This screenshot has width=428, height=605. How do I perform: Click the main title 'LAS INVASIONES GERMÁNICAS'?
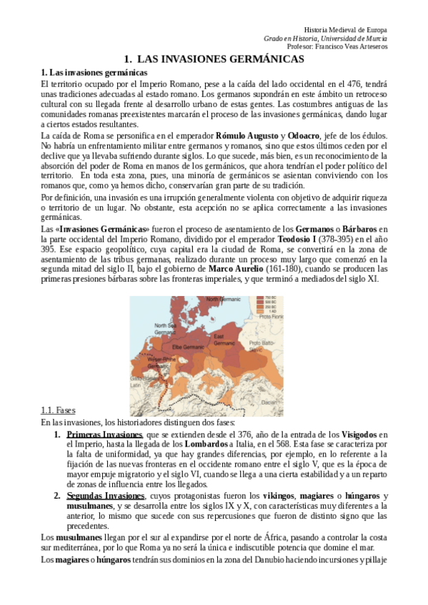pos(214,59)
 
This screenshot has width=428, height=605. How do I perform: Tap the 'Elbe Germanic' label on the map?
pos(189,347)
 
